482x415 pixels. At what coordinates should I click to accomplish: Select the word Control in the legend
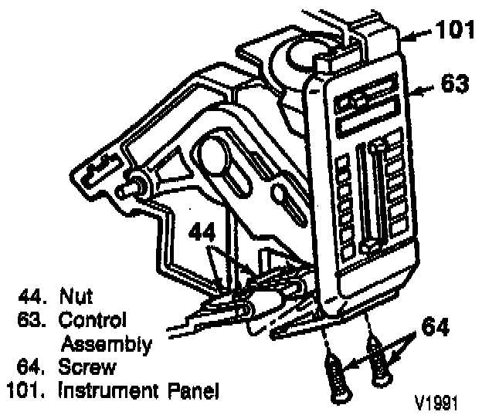click(x=93, y=319)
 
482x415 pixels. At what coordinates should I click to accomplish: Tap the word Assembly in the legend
click(x=105, y=343)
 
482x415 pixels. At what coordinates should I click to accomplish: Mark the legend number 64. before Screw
click(x=32, y=368)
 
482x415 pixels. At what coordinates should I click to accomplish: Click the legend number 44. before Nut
click(x=32, y=295)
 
